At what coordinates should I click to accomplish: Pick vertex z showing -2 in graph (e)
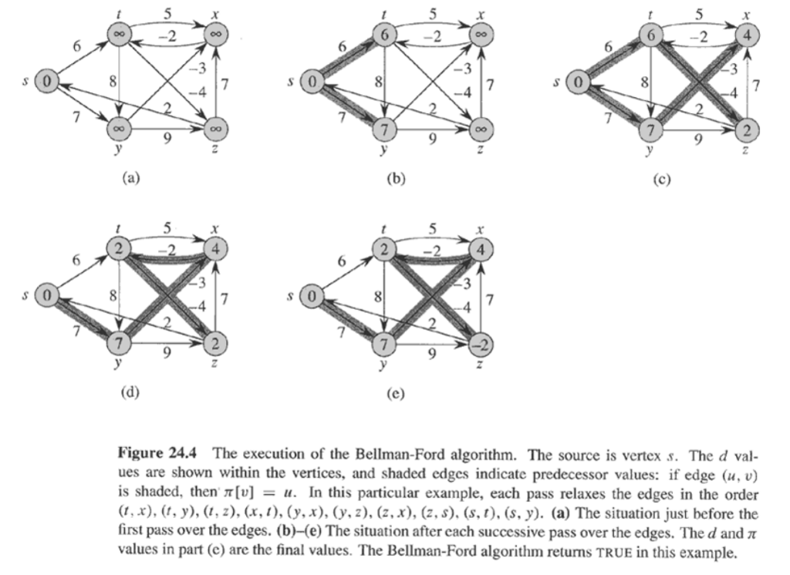pos(480,343)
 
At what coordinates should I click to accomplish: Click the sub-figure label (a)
pos(131,179)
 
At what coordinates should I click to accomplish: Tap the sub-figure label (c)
pos(660,179)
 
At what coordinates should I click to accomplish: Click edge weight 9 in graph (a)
pos(169,140)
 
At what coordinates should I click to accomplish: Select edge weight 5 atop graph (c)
pos(698,13)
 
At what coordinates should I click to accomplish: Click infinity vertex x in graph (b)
pos(480,35)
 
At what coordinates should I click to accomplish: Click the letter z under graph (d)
pos(216,362)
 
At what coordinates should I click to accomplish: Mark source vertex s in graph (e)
pos(312,295)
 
